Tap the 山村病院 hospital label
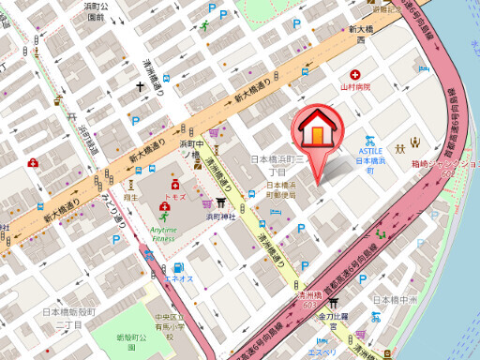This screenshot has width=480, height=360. coord(355,87)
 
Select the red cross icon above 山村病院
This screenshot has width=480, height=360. coord(354,74)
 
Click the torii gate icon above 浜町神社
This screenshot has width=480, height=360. coord(222,202)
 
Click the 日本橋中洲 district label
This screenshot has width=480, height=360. coord(393,300)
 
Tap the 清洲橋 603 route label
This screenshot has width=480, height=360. coord(309,298)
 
